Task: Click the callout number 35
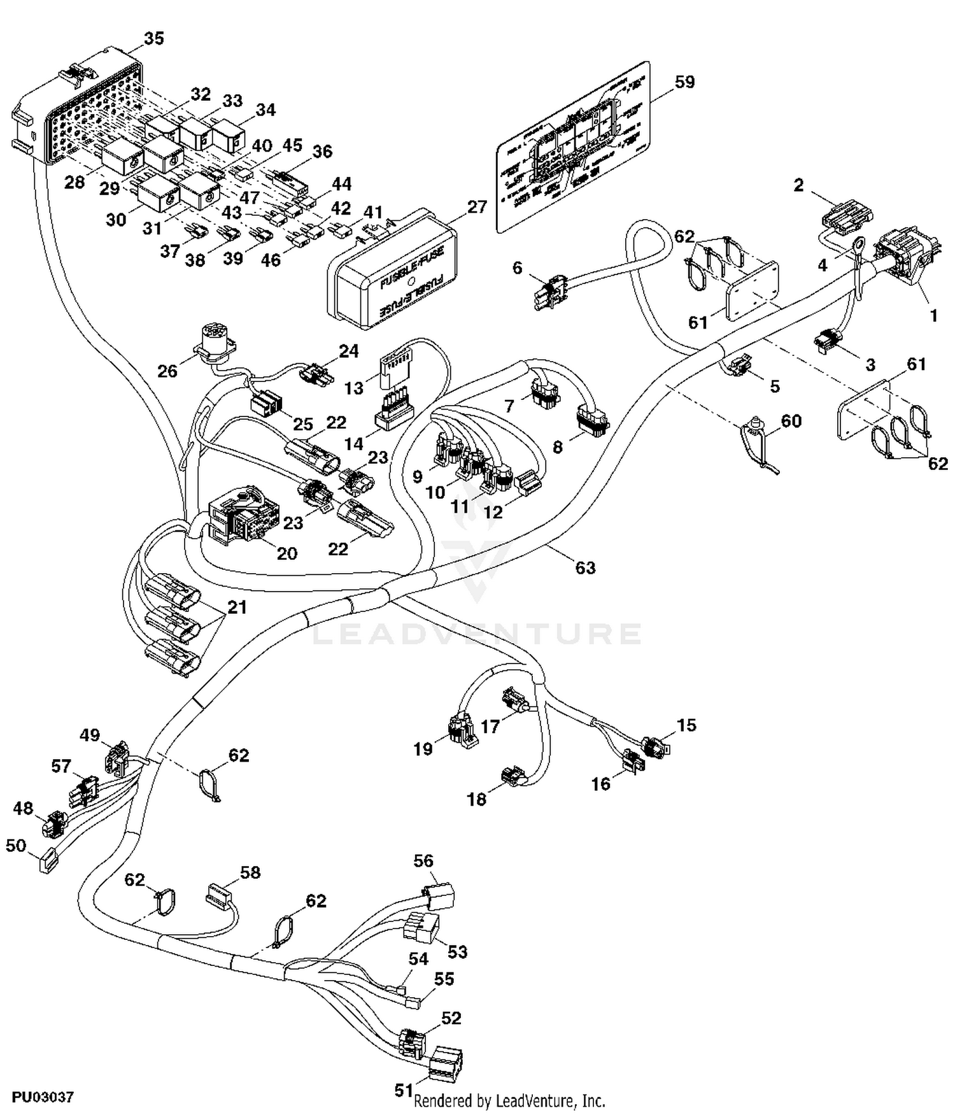coord(153,39)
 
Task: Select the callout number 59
coord(684,82)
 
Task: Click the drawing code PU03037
coord(43,1097)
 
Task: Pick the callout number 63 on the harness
coord(585,567)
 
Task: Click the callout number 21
coord(237,607)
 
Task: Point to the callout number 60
coord(791,421)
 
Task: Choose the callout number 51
coord(404,1090)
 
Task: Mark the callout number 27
coord(477,207)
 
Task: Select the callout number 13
coord(354,388)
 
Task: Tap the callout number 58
coord(250,872)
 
